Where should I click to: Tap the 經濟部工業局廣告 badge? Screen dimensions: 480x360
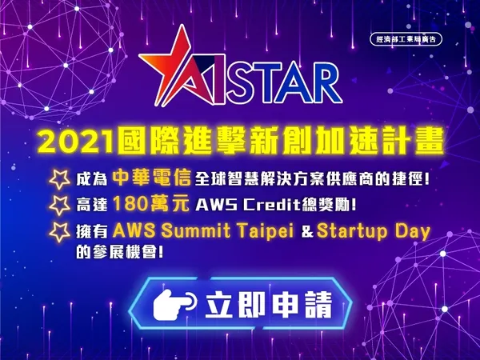pos(406,39)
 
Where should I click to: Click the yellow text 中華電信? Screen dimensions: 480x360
pos(151,178)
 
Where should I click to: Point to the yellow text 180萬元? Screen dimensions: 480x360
pos(150,203)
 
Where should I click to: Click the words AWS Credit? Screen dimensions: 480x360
pos(246,205)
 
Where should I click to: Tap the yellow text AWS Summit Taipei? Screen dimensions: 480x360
pos(203,231)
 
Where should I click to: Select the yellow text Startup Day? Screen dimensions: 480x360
pos(374,232)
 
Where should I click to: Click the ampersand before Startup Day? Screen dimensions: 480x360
pos(307,232)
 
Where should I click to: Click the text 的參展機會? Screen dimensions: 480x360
pos(120,253)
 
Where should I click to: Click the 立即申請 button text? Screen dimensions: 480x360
pos(269,305)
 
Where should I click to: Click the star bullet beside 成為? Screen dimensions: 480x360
pos(60,178)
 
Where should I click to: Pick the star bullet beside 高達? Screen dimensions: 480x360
pos(60,205)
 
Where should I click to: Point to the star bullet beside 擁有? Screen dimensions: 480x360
pos(60,232)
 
